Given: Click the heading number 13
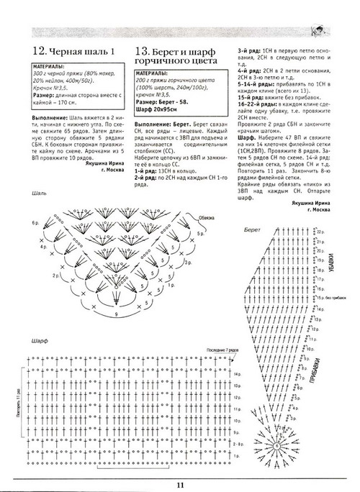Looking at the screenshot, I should tap(142, 52).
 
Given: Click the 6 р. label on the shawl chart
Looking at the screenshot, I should tap(35, 224).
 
